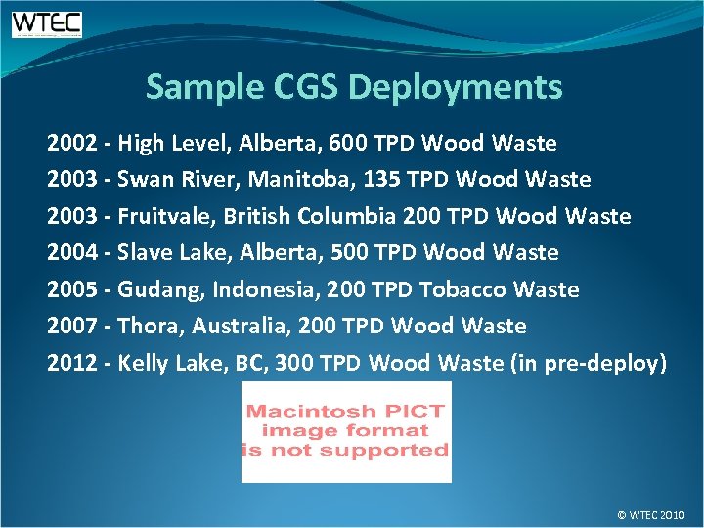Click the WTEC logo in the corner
click(x=46, y=23)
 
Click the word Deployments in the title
click(x=455, y=88)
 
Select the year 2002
click(x=70, y=144)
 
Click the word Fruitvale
click(x=161, y=216)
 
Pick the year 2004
click(x=70, y=253)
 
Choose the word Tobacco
click(x=460, y=289)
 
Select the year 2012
click(x=70, y=364)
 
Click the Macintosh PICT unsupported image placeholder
click(x=346, y=431)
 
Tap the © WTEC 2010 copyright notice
click(x=651, y=514)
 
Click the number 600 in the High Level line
click(x=349, y=144)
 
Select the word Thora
click(x=145, y=327)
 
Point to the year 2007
click(x=70, y=327)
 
